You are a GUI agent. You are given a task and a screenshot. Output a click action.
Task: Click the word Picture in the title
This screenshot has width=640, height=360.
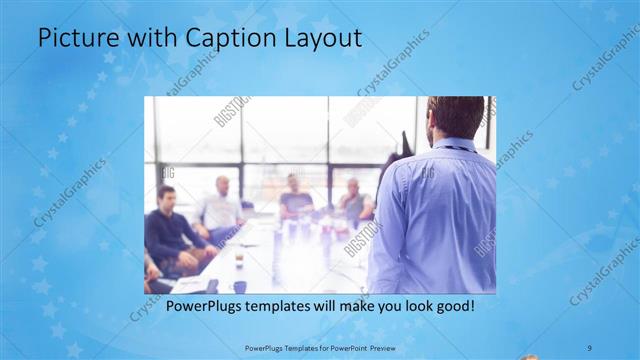75,39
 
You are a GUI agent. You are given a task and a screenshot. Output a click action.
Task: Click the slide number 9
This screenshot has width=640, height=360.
589,347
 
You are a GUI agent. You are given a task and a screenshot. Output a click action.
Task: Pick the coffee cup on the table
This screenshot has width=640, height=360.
239,260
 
